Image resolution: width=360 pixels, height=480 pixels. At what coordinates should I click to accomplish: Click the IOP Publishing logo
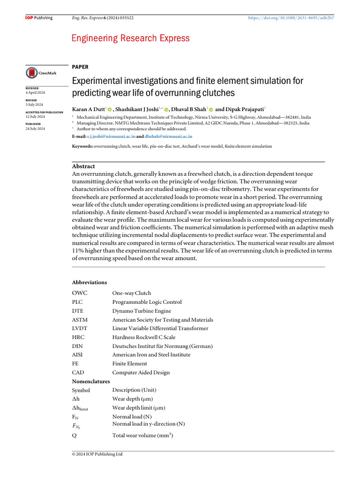pos(38,18)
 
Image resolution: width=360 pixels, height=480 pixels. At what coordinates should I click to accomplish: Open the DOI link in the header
pos(291,18)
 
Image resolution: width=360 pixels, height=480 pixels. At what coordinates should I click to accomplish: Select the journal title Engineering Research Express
pos(130,38)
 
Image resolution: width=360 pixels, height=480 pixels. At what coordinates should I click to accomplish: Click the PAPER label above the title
pos(80,67)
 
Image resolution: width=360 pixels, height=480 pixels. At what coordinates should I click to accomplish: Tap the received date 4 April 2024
pos(35,93)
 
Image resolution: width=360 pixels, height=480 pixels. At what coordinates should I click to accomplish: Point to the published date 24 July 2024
pos(35,128)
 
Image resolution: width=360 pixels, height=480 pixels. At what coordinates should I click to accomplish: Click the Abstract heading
pos(83,166)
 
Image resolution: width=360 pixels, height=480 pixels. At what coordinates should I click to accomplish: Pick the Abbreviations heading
pos(89,282)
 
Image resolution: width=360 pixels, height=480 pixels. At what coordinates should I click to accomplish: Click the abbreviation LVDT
pos(79,328)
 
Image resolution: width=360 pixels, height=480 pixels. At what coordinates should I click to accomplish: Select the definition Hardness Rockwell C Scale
pos(144,337)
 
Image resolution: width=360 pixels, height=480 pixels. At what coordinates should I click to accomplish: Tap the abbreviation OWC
pos(79,293)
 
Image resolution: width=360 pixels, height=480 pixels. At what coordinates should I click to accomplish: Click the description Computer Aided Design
pos(141,373)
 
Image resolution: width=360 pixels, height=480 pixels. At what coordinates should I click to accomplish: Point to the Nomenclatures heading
pos(90,382)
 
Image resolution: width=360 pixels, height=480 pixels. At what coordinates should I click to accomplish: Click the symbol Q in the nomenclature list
pos(74,435)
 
